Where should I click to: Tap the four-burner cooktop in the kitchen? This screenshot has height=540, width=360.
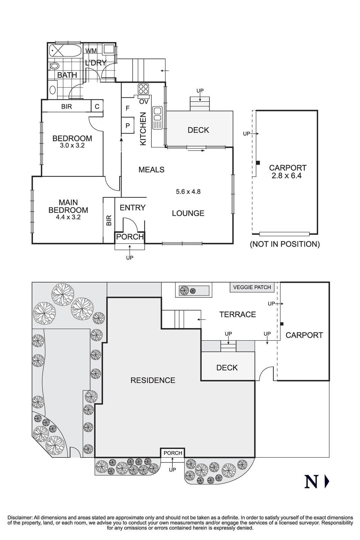pyautogui.click(x=143, y=89)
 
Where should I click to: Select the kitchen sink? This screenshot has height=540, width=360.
pyautogui.click(x=158, y=117)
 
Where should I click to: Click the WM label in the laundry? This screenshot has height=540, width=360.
pyautogui.click(x=91, y=51)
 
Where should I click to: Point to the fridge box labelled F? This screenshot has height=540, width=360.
pyautogui.click(x=128, y=108)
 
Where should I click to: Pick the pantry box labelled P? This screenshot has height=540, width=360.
pyautogui.click(x=128, y=126)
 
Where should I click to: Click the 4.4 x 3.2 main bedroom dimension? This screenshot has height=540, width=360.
pyautogui.click(x=68, y=217)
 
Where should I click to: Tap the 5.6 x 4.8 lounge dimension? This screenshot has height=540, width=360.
pyautogui.click(x=188, y=192)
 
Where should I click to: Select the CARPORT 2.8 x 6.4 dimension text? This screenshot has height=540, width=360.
pyautogui.click(x=288, y=176)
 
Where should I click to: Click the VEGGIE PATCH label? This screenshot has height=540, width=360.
pyautogui.click(x=252, y=287)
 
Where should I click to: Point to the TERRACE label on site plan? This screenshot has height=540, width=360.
pyautogui.click(x=238, y=315)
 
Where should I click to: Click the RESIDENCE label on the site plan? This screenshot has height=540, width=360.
pyautogui.click(x=153, y=380)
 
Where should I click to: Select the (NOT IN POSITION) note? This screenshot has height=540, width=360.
pyautogui.click(x=284, y=244)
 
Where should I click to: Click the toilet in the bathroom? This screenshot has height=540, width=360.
pyautogui.click(x=54, y=66)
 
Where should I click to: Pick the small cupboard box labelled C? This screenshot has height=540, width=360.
pyautogui.click(x=97, y=107)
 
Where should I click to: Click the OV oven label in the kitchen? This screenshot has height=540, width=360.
pyautogui.click(x=144, y=102)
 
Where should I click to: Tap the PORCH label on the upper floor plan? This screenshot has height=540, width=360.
pyautogui.click(x=130, y=237)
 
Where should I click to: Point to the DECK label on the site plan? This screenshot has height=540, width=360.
pyautogui.click(x=227, y=368)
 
